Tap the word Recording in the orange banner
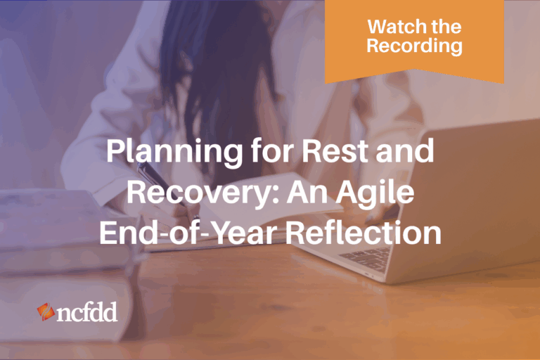click(x=414, y=46)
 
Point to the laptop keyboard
click(x=366, y=257)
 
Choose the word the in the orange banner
click(x=447, y=27)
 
